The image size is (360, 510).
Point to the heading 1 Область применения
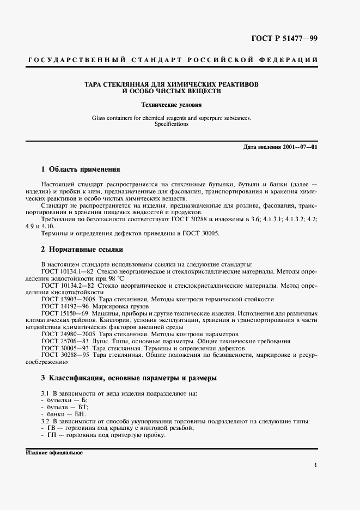click(x=80, y=169)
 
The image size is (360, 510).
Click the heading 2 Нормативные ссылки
click(x=82, y=250)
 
